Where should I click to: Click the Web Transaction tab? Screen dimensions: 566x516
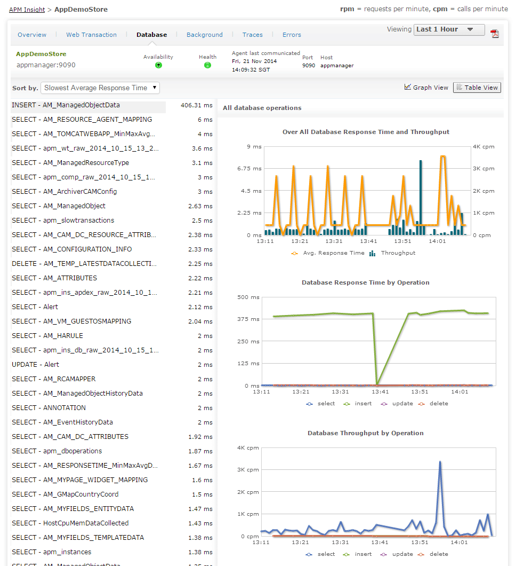(x=91, y=35)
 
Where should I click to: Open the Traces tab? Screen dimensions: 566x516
(x=252, y=35)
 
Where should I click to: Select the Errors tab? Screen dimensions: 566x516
(x=292, y=35)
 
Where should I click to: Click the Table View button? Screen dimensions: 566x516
(x=477, y=88)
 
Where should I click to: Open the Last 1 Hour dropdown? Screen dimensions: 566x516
(x=449, y=30)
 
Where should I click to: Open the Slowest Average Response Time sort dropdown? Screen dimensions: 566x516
(x=100, y=88)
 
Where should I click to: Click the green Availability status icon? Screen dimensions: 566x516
(x=158, y=65)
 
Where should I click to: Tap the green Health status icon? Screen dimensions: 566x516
(x=207, y=65)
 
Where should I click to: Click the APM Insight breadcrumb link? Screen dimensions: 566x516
(x=27, y=10)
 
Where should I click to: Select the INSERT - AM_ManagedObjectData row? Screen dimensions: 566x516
(x=66, y=105)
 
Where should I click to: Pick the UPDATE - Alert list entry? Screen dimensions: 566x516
(x=35, y=365)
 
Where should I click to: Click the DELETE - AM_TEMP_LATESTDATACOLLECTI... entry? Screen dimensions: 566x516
(x=84, y=264)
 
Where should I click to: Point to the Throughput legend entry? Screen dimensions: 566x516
(x=397, y=253)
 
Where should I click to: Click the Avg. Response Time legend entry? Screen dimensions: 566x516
(x=333, y=253)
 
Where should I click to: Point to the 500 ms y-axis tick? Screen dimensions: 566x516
(x=249, y=297)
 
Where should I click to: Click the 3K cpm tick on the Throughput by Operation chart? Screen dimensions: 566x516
(x=249, y=470)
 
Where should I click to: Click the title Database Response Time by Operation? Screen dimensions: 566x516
(x=365, y=282)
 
